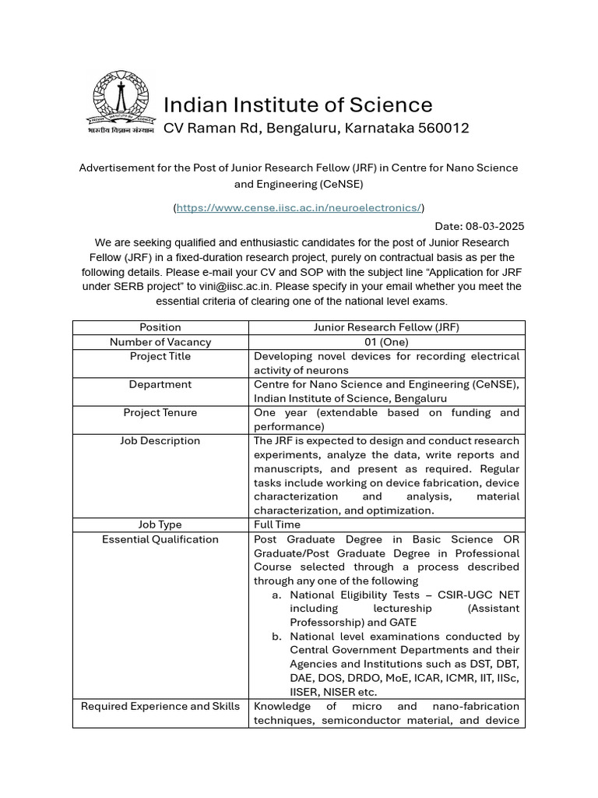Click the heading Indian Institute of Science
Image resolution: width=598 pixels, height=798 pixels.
pos(297,104)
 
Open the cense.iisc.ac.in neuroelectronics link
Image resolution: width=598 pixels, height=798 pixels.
pos(299,207)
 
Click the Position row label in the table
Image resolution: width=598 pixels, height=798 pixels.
pos(160,327)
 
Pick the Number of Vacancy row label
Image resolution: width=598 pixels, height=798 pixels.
pos(160,342)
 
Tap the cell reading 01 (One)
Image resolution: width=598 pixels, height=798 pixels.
pos(386,342)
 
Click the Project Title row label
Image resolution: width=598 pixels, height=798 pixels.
pos(160,356)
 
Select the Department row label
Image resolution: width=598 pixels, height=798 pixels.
pos(160,384)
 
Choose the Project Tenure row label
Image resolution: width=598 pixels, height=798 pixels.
pos(160,412)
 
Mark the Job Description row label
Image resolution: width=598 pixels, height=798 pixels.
pos(160,440)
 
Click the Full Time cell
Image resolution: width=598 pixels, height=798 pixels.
pos(277,524)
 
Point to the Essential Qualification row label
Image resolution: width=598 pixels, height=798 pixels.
pos(160,539)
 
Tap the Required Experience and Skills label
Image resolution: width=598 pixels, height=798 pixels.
pos(160,706)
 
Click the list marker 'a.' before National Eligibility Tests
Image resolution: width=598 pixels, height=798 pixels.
pos(276,595)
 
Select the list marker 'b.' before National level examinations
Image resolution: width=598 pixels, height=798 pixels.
pos(276,637)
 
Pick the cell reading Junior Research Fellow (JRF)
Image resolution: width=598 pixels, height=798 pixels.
pos(386,327)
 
